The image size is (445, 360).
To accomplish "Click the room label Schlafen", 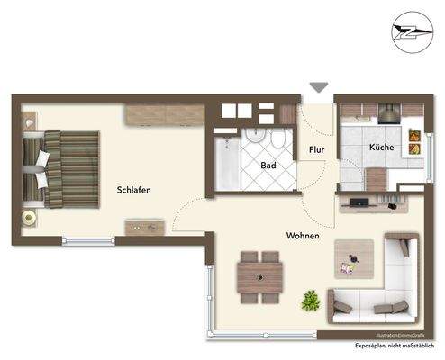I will (132, 190).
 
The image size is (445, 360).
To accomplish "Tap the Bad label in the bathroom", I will (268, 166).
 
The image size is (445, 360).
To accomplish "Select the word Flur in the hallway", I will (317, 150).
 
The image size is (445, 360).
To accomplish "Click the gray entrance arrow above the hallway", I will (319, 87).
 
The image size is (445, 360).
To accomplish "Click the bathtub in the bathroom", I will (226, 162).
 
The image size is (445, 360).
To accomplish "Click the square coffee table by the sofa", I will (352, 258).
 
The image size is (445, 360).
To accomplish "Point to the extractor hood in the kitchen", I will (388, 113).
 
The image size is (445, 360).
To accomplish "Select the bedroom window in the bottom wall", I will (89, 240).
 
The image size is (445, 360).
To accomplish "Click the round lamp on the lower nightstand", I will (30, 219).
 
